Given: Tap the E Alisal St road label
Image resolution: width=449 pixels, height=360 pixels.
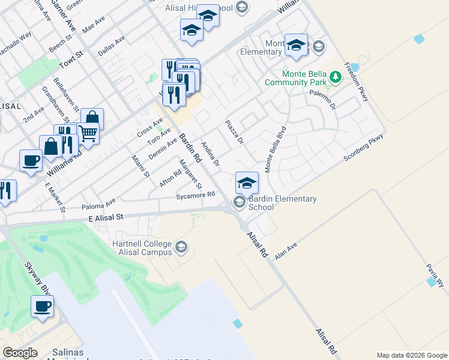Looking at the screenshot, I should [105, 218].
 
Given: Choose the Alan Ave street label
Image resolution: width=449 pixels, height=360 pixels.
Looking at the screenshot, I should [286, 250].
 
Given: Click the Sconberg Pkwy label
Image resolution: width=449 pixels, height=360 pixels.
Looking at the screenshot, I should [363, 148].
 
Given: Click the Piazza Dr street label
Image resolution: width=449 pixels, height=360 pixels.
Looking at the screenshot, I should [234, 132].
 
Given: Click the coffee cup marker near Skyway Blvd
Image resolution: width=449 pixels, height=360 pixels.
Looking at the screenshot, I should [42, 307].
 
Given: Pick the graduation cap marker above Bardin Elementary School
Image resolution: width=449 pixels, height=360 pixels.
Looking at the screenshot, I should [247, 182].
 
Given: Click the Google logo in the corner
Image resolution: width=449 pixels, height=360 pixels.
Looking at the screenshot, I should [20, 353].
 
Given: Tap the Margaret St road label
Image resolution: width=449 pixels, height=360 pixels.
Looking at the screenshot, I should [191, 173].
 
